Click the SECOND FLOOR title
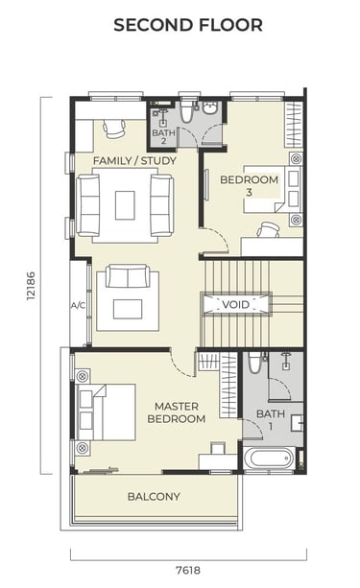tap(188, 25)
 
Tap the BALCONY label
tap(154, 497)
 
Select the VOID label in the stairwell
tap(235, 304)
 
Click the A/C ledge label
tap(78, 306)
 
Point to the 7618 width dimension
tap(188, 571)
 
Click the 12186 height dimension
tap(31, 285)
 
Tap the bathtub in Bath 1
tap(271, 459)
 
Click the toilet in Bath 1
tap(254, 363)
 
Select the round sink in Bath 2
tap(209, 107)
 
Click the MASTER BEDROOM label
tap(177, 412)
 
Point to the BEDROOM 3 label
tap(250, 186)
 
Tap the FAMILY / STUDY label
tap(134, 161)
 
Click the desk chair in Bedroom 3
tap(269, 229)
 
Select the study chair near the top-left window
tap(113, 129)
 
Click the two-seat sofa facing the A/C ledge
tap(128, 275)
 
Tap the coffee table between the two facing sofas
tap(125, 205)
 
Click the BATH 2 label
tap(163, 137)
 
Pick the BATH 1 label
tap(271, 419)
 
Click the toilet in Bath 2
tap(186, 110)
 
